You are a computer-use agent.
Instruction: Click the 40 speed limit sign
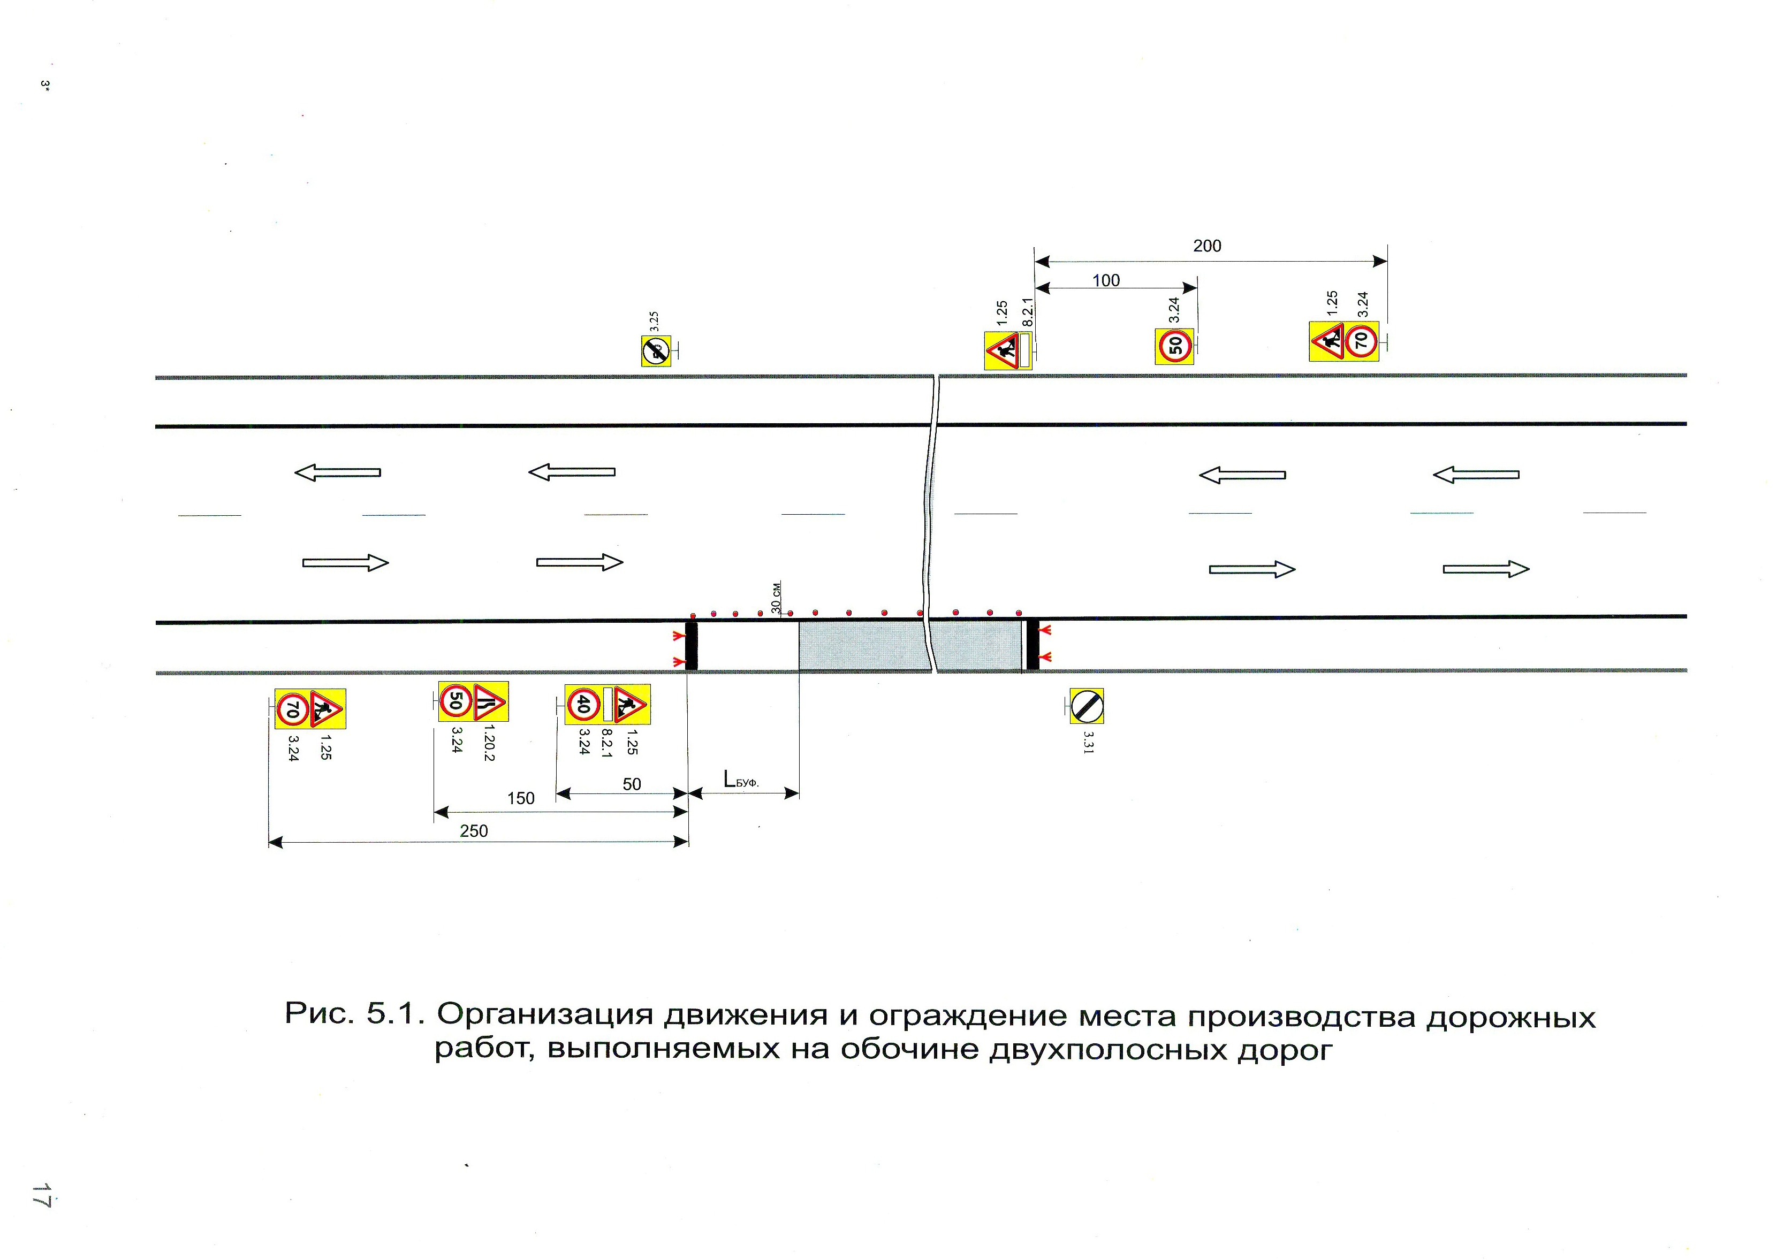(583, 705)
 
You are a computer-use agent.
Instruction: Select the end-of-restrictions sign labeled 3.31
(1086, 706)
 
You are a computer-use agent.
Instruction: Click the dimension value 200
(1206, 246)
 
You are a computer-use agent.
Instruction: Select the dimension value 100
(1106, 280)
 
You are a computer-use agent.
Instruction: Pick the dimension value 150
(521, 799)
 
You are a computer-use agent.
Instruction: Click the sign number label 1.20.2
(489, 743)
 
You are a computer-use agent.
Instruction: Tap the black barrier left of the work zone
(691, 645)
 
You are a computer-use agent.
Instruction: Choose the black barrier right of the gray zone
(1033, 644)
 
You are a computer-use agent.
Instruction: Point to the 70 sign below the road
(293, 708)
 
